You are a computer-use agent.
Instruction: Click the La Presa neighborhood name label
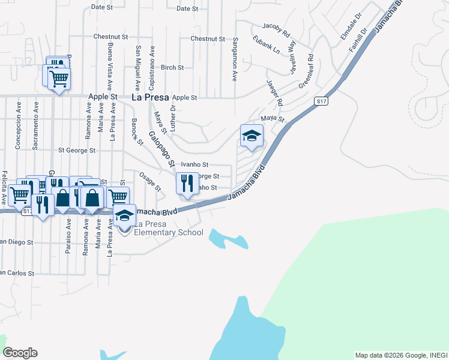coord(149,97)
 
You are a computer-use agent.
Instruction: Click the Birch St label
coord(172,68)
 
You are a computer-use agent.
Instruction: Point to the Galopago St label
coord(161,149)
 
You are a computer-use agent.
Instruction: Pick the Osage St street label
coord(150,181)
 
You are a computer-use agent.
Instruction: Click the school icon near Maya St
coord(252,136)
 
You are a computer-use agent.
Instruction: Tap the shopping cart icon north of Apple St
coord(59,79)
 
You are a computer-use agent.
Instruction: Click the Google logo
coord(20,353)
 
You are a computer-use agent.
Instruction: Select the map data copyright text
coord(401,355)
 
